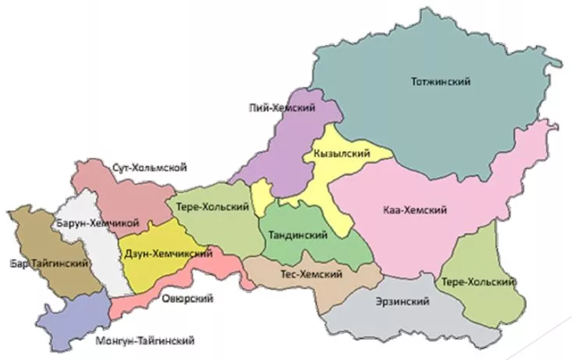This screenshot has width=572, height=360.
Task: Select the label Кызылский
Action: coord(344,154)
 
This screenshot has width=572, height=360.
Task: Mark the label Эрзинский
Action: coord(402,302)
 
